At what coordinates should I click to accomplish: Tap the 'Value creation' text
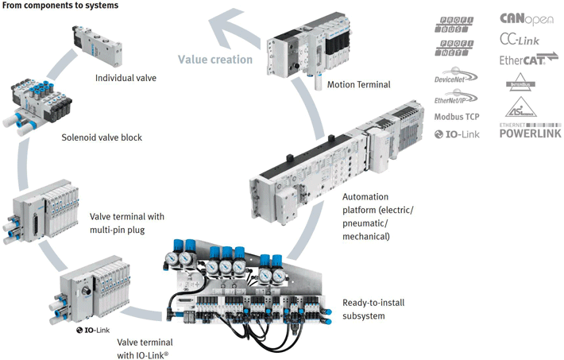(x=215, y=59)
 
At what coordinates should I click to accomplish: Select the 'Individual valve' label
(x=126, y=78)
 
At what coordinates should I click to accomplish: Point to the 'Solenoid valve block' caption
(x=102, y=137)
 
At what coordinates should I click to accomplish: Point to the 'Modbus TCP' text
(x=457, y=117)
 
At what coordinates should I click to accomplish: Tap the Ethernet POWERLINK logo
(x=529, y=130)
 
